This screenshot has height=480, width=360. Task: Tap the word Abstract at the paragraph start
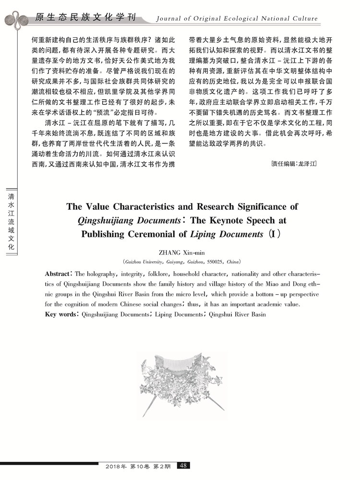[57, 274]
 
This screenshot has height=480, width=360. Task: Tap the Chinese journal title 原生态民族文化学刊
[84, 18]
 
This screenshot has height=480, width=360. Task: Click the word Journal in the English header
[168, 19]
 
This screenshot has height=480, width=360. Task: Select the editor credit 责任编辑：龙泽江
[294, 164]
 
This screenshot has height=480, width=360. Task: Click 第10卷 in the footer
[140, 466]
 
